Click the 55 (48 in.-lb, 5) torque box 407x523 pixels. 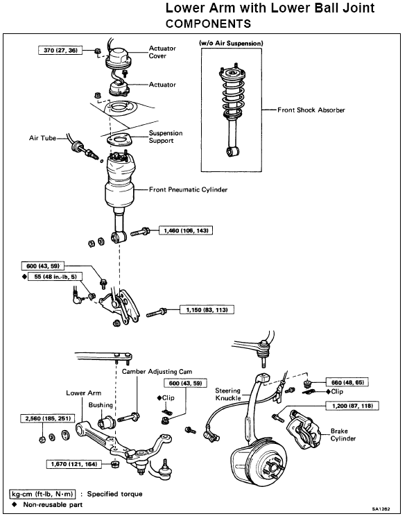pos(55,277)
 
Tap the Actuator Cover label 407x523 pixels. pos(162,52)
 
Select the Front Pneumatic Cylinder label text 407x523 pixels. pos(188,190)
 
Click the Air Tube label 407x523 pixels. pos(42,138)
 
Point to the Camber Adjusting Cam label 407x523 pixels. pos(157,372)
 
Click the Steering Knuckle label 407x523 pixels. pos(228,394)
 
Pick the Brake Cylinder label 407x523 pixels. pos(343,435)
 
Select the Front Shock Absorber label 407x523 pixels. pos(311,110)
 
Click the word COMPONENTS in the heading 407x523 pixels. pos(208,24)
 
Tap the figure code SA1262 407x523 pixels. pos(381,509)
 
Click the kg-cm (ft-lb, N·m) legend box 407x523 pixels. pos(42,494)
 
